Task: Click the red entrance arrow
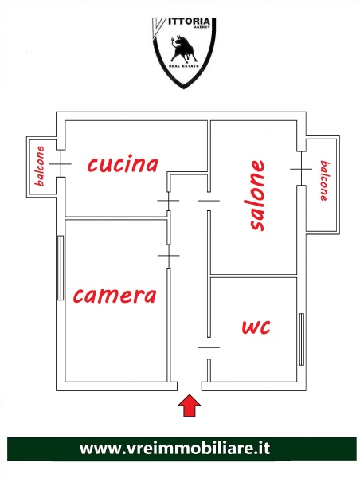[190, 406]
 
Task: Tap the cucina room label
[123, 164]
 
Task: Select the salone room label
[256, 195]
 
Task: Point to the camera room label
[115, 296]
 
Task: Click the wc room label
[256, 327]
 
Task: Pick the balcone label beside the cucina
[40, 167]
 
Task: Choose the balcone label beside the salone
[325, 181]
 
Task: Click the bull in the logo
[182, 48]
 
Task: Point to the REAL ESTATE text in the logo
[184, 66]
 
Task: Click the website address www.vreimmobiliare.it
[174, 449]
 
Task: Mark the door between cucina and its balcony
[61, 163]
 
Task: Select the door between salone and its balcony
[301, 169]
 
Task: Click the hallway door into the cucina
[168, 201]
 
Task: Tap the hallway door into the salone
[209, 201]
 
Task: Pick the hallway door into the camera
[169, 256]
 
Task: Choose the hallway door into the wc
[209, 347]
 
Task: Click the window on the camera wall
[61, 268]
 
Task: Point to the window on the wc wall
[302, 339]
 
